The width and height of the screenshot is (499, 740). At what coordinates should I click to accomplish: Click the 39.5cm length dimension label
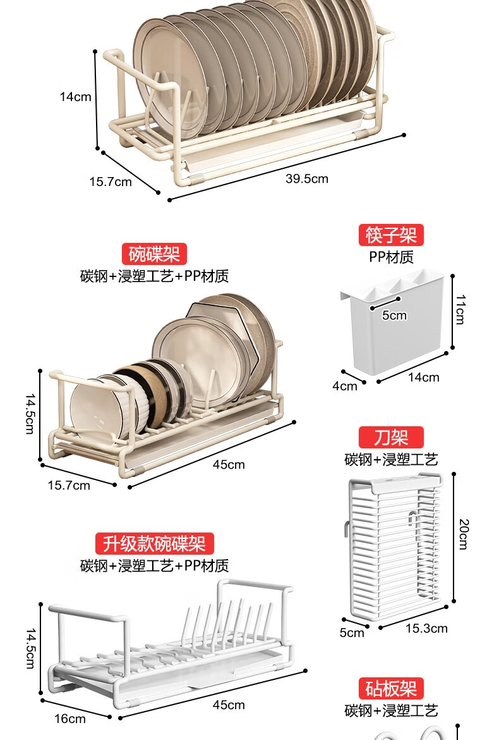coord(307,178)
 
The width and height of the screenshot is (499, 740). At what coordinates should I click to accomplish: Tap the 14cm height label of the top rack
coord(76,97)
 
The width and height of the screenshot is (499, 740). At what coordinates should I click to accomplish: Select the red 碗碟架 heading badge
coord(154,254)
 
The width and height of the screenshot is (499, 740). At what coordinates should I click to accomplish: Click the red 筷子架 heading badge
coord(391,235)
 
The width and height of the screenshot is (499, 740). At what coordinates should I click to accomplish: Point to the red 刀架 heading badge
coord(391,437)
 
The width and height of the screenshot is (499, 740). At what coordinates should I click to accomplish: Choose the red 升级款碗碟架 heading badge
coord(154,543)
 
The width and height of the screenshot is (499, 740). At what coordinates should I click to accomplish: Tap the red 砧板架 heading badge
coord(391,688)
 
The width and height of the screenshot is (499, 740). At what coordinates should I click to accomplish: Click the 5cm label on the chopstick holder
coord(394,315)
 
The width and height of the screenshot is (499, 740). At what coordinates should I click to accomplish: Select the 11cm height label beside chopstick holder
coord(460,309)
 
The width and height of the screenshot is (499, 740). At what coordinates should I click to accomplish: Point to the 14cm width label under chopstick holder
coord(423,377)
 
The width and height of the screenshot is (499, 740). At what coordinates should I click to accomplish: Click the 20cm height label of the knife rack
coord(463,534)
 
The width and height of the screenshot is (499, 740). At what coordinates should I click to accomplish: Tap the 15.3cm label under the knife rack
coord(426,628)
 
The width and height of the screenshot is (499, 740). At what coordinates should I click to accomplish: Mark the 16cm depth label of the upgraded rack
coord(69,718)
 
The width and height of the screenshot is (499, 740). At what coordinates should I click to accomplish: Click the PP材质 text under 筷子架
coord(391,257)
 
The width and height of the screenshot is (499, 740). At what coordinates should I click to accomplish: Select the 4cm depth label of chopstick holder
coord(345,386)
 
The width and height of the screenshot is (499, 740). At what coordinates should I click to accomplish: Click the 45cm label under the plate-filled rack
coord(229,464)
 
